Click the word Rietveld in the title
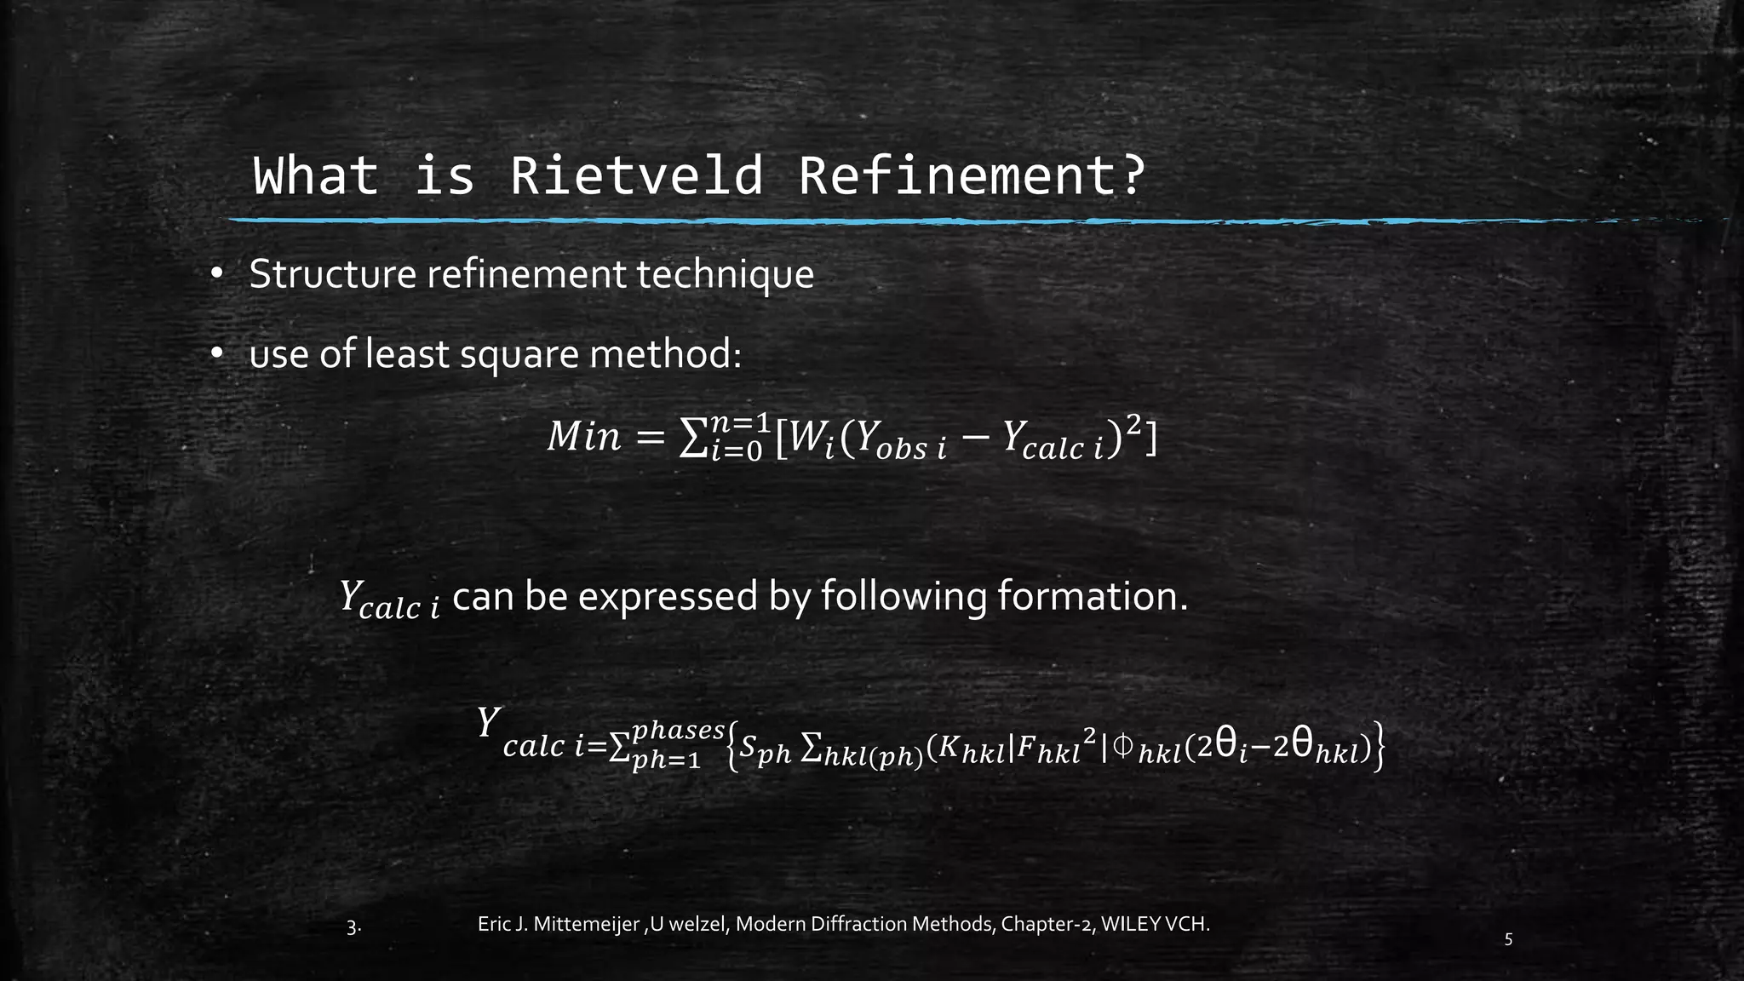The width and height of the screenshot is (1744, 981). (636, 175)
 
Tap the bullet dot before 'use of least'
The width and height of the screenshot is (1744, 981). (217, 353)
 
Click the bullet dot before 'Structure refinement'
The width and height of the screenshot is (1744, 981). (217, 274)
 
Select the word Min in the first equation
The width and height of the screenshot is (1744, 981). (584, 437)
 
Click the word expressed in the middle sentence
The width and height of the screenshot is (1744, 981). (668, 596)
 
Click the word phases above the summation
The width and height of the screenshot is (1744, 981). (678, 730)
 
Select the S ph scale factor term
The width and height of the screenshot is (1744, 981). (765, 749)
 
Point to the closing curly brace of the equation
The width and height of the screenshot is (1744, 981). (1380, 748)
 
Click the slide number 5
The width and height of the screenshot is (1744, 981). (1509, 940)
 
